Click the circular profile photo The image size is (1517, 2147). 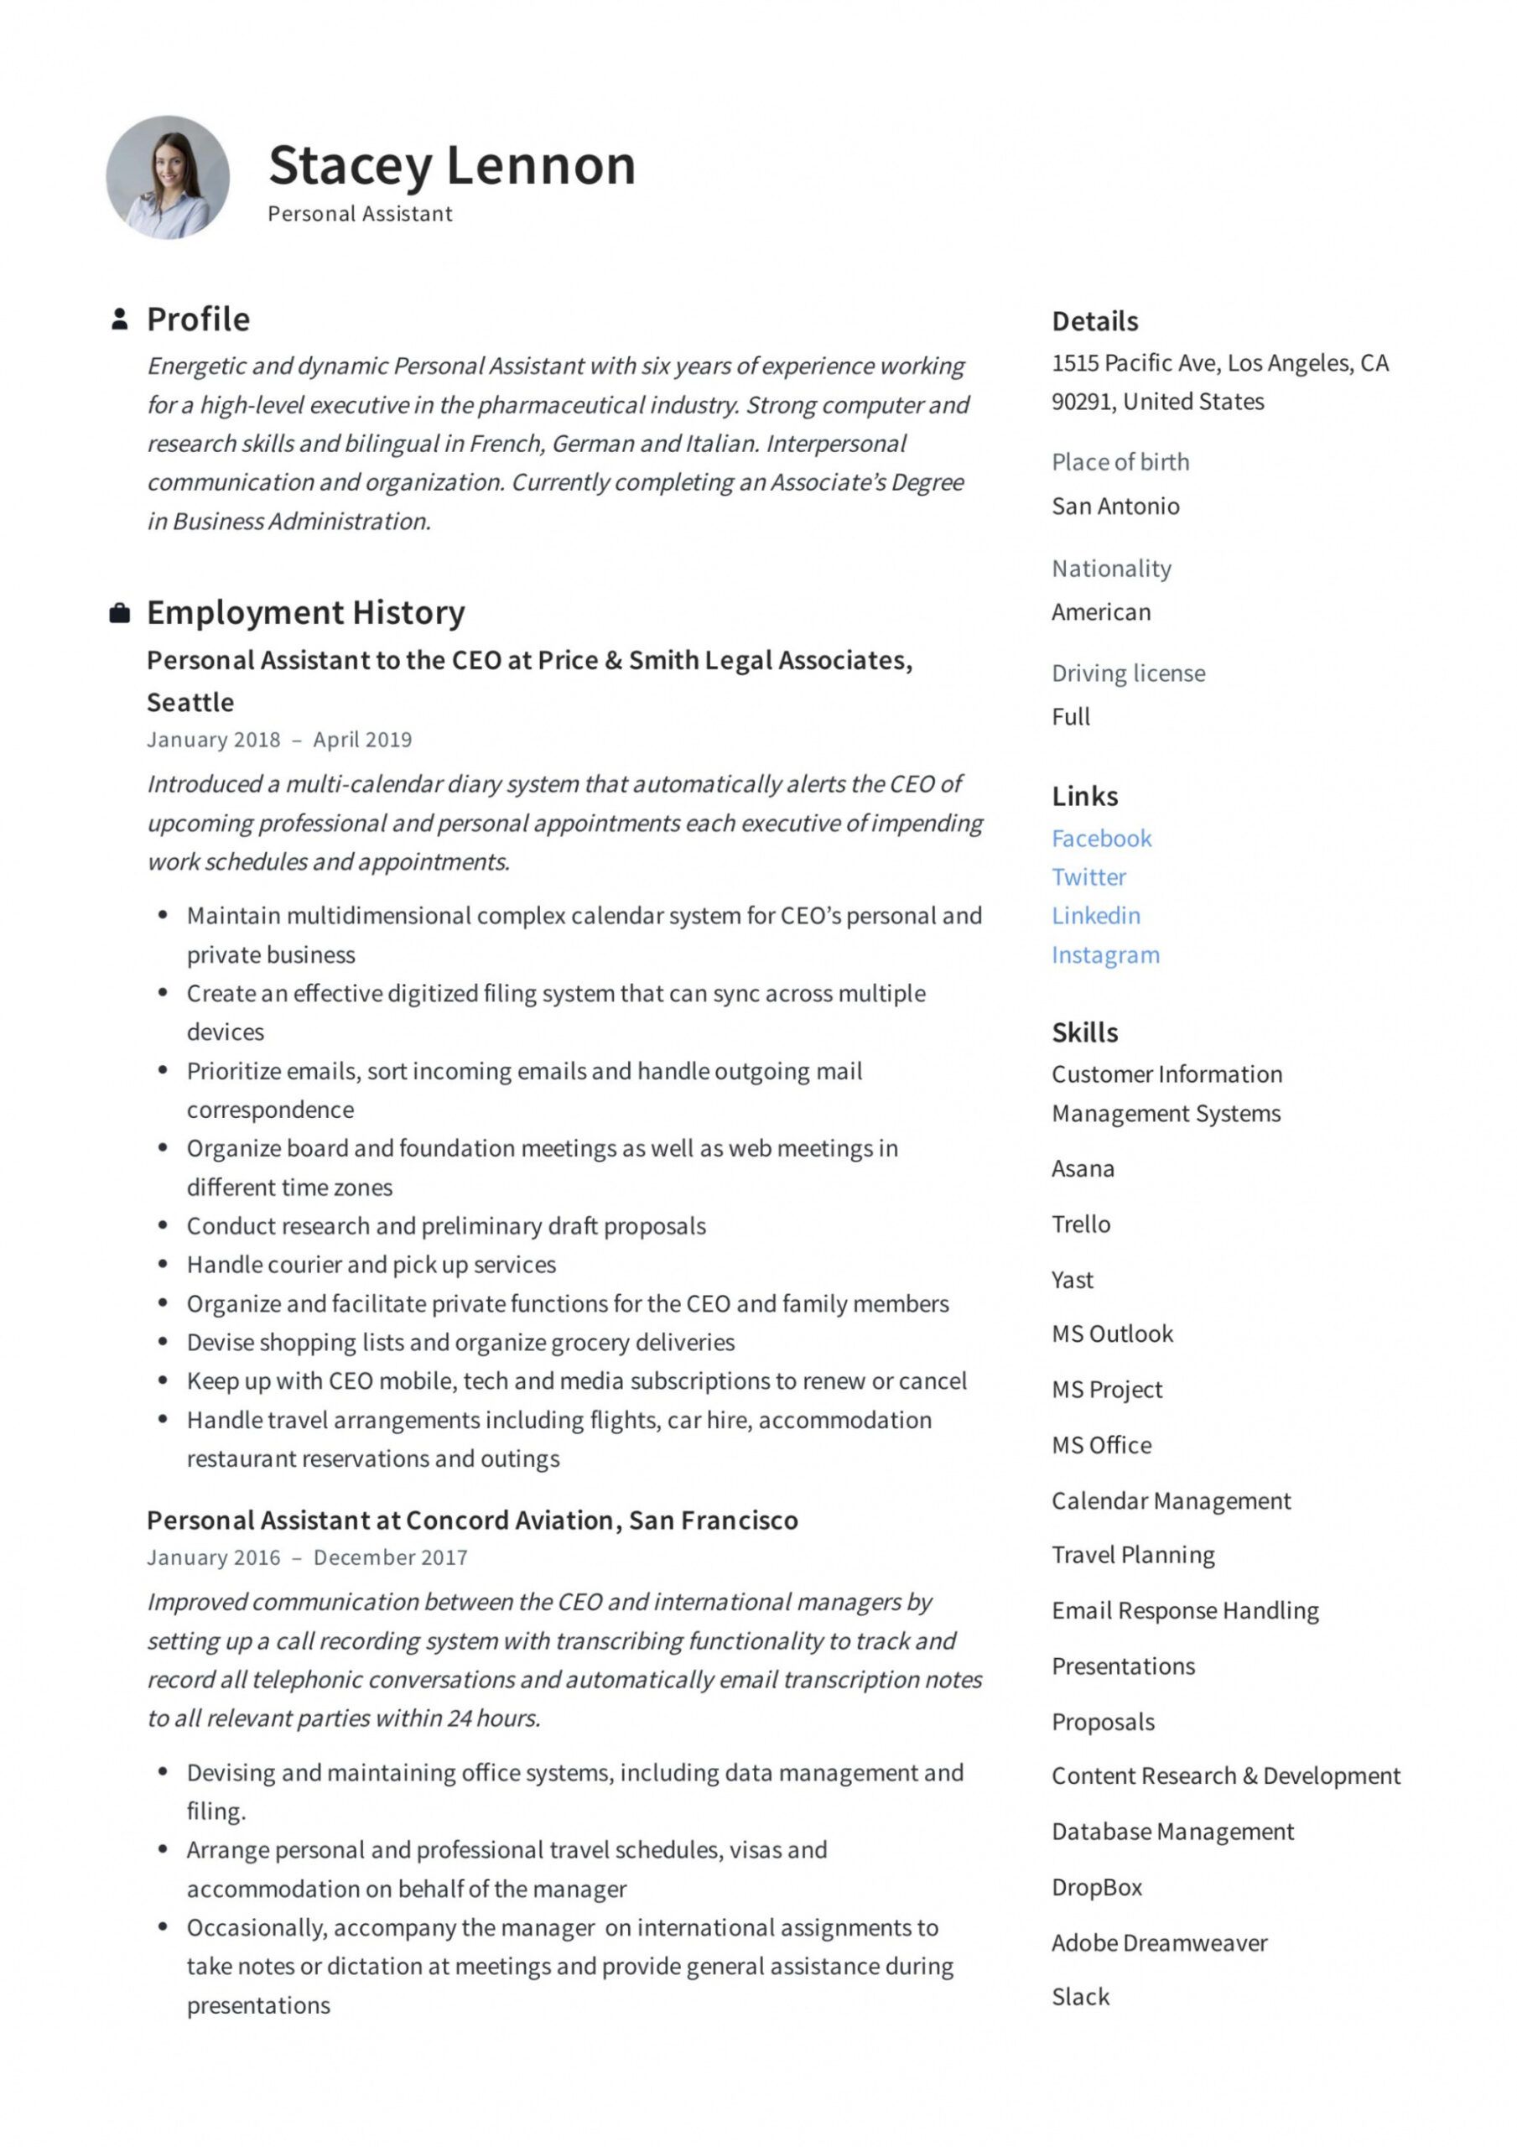(x=168, y=177)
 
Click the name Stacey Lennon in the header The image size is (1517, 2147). (x=452, y=165)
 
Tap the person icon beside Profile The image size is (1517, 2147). (x=119, y=319)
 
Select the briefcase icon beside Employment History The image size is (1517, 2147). (x=119, y=613)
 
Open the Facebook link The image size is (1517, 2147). (x=1101, y=838)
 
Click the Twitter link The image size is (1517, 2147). (x=1088, y=876)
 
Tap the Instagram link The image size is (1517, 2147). (x=1104, y=954)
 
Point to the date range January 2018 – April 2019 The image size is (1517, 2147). (x=278, y=739)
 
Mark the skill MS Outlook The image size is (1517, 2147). (x=1111, y=1333)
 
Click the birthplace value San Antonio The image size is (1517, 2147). (x=1114, y=506)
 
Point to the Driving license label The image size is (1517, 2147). (x=1128, y=673)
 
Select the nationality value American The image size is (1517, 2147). (x=1101, y=611)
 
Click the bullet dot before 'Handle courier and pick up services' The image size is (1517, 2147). (x=163, y=1264)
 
